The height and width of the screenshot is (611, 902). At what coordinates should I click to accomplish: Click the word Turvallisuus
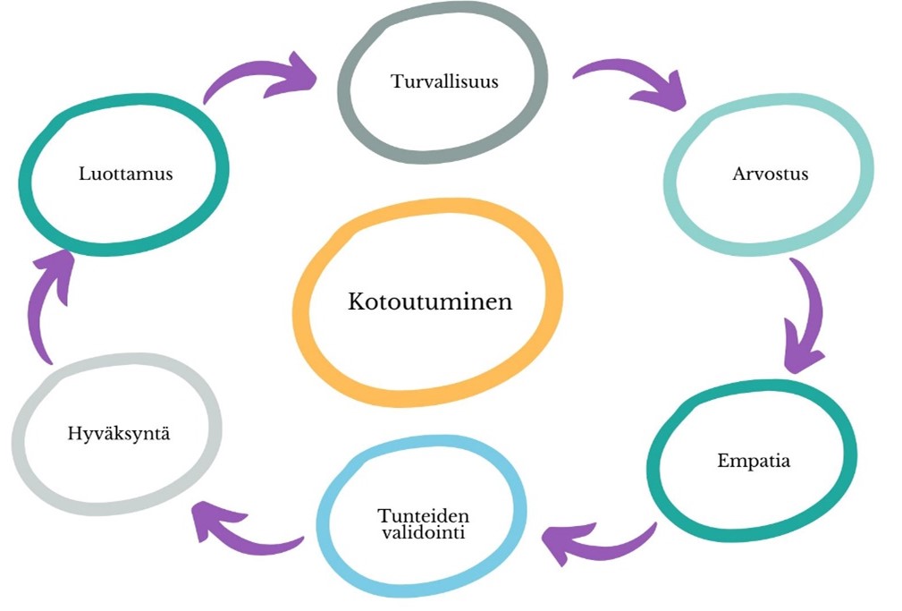tap(444, 81)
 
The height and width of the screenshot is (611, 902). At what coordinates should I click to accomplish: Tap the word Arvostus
tap(771, 174)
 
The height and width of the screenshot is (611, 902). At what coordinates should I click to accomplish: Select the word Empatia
tap(754, 461)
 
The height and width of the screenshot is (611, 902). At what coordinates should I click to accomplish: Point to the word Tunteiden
tap(424, 514)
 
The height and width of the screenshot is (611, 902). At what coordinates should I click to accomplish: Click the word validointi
tap(424, 532)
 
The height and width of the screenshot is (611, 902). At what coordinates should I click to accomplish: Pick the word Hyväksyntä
tap(119, 433)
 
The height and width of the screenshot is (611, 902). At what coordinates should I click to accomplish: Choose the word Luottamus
tap(125, 174)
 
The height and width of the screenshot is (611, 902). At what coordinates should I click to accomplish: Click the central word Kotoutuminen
tap(430, 301)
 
